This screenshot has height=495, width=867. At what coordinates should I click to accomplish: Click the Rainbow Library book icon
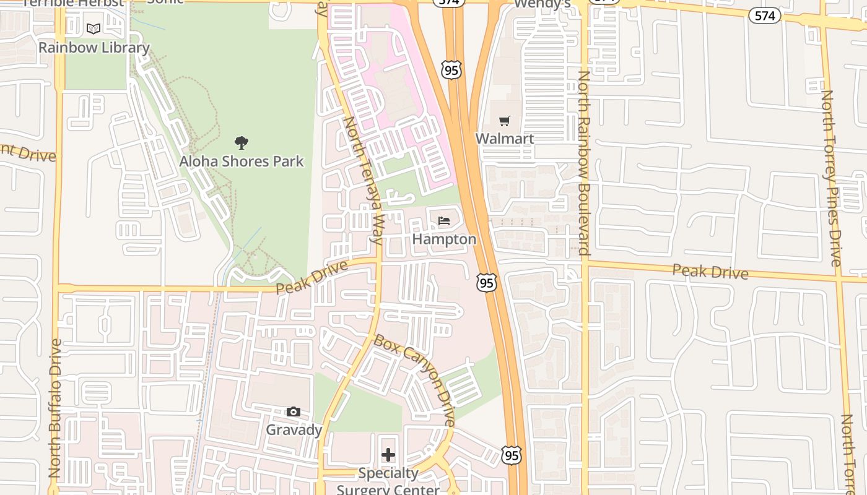(94, 28)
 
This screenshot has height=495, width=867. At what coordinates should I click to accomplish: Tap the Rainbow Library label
(94, 48)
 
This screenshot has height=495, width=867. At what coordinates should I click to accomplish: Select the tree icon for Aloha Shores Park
(242, 143)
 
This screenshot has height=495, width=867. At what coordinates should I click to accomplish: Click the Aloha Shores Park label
(242, 161)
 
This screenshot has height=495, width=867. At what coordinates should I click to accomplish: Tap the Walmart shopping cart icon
(505, 121)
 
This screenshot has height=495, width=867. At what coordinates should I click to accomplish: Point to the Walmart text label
(505, 139)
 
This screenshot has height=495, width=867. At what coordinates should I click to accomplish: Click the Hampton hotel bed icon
(444, 221)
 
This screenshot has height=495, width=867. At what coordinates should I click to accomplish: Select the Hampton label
(444, 239)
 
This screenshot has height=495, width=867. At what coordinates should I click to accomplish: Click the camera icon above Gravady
(294, 412)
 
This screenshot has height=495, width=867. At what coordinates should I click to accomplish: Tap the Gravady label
(294, 430)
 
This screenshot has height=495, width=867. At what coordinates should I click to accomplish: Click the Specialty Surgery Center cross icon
(388, 455)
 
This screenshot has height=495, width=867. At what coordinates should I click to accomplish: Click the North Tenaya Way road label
(364, 179)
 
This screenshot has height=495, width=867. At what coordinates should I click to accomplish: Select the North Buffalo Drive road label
(54, 408)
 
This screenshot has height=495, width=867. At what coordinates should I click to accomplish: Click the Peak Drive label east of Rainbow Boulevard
(710, 271)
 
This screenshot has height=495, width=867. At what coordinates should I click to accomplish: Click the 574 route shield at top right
(764, 16)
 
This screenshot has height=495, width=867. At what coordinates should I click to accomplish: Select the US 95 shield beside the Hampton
(487, 283)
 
